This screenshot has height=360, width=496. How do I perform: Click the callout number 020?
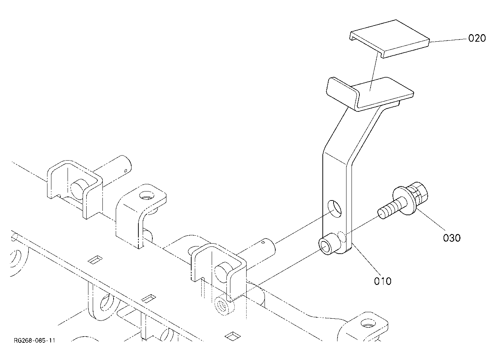[477, 38]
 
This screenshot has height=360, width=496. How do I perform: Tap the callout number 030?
[452, 238]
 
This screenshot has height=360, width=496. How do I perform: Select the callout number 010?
[383, 281]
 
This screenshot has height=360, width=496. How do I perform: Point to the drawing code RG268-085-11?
[35, 340]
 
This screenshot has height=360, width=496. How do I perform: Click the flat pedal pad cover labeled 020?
[390, 39]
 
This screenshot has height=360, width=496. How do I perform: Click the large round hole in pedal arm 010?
[335, 209]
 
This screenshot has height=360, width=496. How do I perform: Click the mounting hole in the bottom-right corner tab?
[368, 324]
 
